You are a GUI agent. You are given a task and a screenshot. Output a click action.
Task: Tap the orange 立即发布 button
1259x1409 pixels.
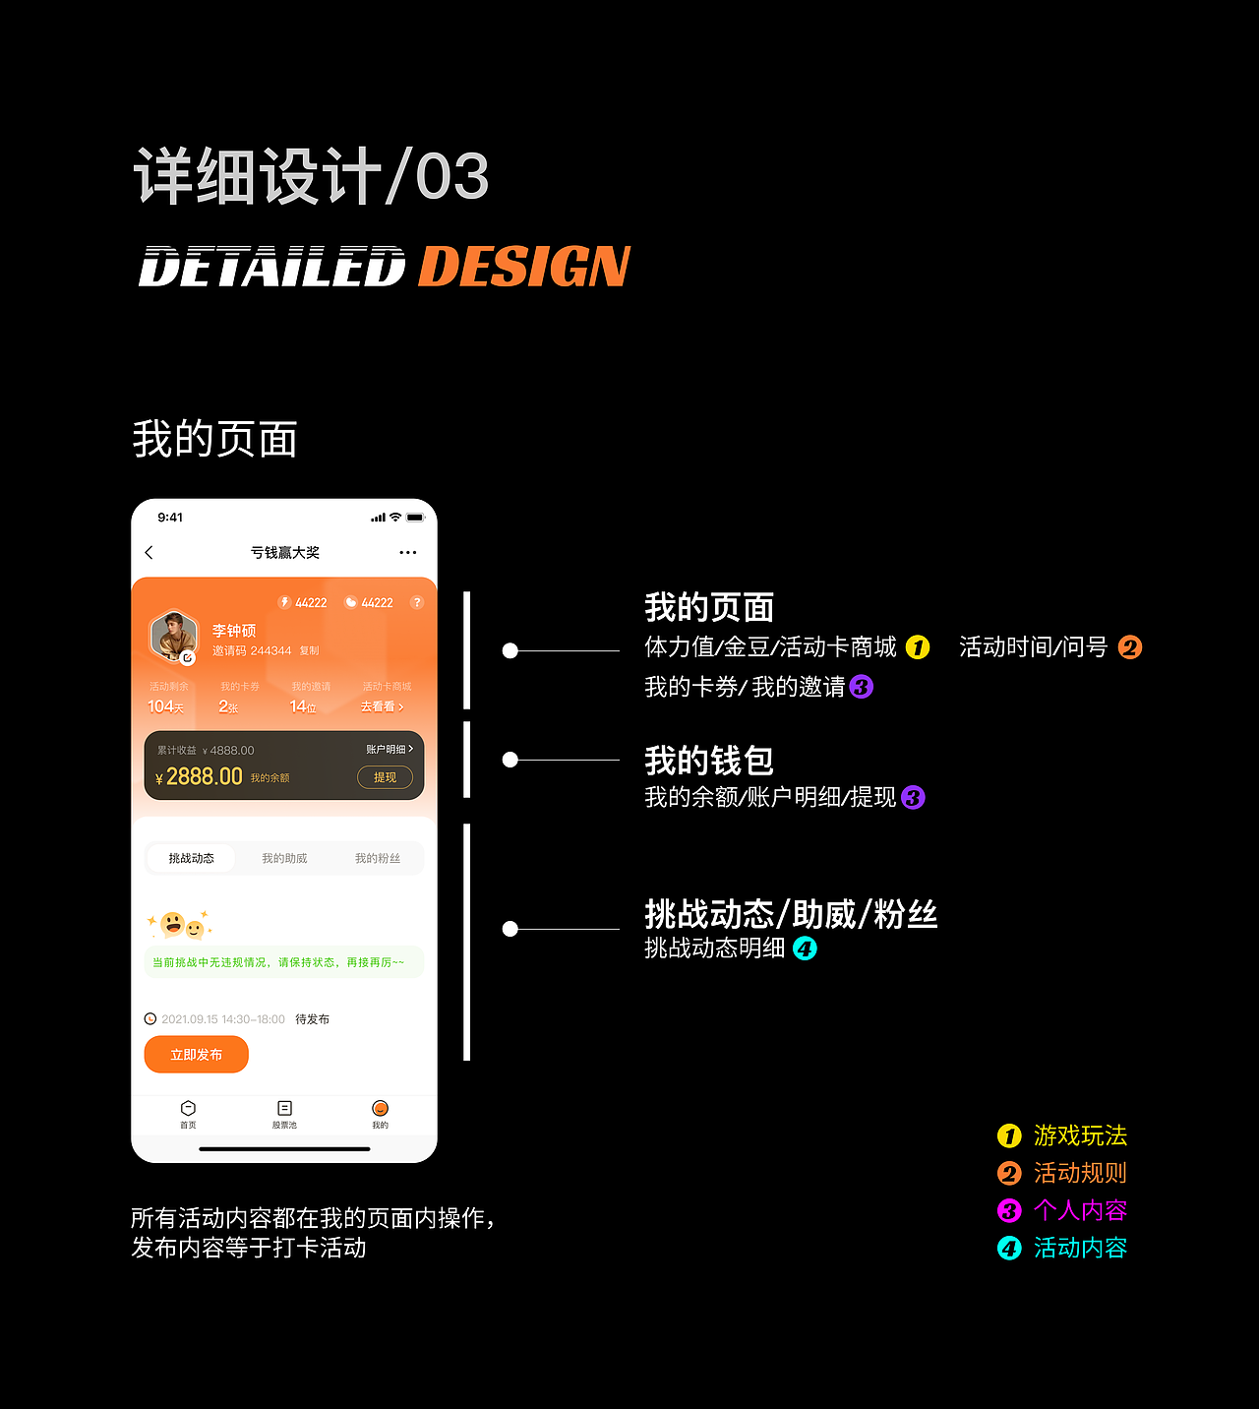(196, 1055)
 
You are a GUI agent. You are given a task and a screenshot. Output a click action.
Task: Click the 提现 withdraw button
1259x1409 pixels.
(385, 777)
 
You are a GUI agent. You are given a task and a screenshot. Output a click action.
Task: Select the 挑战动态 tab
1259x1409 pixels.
(191, 858)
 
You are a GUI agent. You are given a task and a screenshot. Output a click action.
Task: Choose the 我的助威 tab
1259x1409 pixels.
(284, 858)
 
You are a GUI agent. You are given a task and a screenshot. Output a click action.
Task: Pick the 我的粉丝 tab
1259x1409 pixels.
(378, 858)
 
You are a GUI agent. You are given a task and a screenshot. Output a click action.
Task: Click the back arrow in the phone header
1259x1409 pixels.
(150, 553)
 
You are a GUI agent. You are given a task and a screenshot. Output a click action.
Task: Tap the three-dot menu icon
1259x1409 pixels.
(408, 553)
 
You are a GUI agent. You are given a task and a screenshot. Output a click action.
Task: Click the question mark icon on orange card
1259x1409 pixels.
(417, 602)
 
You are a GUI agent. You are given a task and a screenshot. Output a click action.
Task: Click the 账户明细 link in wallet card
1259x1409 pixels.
(390, 750)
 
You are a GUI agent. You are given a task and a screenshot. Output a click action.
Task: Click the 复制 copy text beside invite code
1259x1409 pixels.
(309, 650)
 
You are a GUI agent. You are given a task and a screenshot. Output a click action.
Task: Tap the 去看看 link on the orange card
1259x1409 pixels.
(382, 706)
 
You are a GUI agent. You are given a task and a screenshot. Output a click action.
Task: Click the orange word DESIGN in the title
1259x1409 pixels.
(524, 267)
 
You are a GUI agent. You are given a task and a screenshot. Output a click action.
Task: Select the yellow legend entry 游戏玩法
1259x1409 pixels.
(1079, 1135)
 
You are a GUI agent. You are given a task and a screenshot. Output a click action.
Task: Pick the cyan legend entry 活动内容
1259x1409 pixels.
(1079, 1248)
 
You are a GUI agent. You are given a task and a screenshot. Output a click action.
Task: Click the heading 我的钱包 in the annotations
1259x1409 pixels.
(709, 761)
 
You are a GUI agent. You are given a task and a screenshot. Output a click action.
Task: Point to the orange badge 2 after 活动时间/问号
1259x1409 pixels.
(1130, 647)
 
